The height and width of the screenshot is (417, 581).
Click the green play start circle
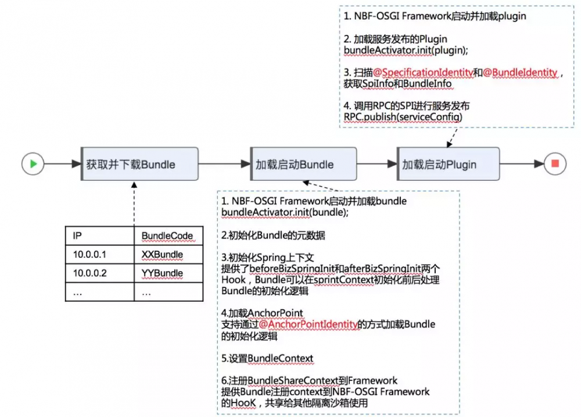33,164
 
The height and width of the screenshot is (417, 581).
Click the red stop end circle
555,164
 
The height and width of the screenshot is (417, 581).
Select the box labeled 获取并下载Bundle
139,164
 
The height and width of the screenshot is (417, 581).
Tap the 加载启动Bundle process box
302,164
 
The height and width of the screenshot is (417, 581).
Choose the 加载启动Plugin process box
447,164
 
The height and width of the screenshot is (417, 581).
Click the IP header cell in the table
99,236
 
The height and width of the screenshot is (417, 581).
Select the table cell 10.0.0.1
99,254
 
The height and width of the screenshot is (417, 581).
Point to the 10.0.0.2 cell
99,273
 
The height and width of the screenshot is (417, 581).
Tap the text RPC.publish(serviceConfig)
404,117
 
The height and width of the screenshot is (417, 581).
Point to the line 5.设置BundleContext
267,358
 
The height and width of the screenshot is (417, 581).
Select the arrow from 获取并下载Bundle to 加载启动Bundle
224,164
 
